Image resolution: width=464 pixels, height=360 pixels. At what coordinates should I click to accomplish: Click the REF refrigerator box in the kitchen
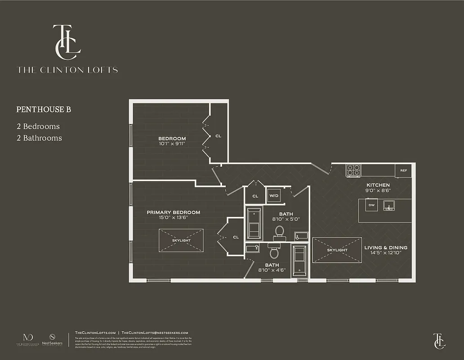tap(403, 171)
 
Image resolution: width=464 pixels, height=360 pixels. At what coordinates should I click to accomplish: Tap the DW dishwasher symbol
tap(371, 206)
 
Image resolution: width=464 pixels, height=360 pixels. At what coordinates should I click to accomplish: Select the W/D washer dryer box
tap(273, 196)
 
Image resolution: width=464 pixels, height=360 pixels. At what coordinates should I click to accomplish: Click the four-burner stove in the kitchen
tap(353, 170)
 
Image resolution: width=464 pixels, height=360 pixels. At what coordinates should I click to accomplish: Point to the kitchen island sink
tap(389, 206)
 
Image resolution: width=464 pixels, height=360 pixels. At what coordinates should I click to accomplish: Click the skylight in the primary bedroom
tap(181, 240)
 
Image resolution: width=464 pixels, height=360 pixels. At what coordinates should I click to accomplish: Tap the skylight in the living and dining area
tap(337, 250)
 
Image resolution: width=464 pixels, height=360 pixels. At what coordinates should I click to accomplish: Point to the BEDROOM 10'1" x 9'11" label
tap(172, 141)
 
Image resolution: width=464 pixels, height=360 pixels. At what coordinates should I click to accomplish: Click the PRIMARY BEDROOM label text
tap(173, 212)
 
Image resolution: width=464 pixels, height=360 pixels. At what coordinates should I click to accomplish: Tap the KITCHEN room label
tap(378, 185)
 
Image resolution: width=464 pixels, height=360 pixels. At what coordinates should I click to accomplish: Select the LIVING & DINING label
tap(386, 247)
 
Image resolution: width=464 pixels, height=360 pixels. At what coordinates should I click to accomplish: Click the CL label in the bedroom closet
tap(218, 136)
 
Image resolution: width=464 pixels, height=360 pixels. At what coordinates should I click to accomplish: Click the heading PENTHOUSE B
tap(44, 109)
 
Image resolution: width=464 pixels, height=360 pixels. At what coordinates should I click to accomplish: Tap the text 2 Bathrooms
tap(39, 138)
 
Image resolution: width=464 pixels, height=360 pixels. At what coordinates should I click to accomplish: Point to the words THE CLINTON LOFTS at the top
tap(67, 70)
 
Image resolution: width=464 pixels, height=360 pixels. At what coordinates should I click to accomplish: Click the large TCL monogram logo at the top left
tap(67, 41)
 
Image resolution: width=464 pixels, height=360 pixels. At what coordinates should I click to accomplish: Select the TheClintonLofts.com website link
tap(95, 332)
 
